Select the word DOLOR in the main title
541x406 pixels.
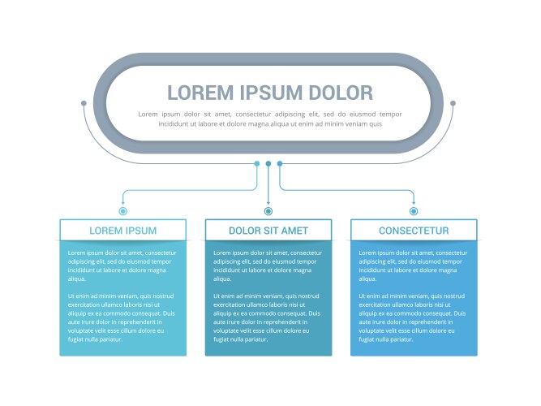point(341,93)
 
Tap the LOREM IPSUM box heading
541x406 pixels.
point(122,231)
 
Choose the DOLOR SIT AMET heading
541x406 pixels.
point(268,231)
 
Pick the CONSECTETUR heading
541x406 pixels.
point(414,231)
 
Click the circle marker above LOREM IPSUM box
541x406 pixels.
point(122,211)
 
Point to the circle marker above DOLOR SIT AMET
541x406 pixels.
point(268,211)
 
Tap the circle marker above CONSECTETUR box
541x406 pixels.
point(414,211)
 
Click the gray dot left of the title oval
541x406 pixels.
point(84,103)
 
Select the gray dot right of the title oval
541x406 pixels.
point(453,103)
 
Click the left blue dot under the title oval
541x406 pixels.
point(257,163)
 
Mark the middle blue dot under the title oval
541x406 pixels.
point(268,163)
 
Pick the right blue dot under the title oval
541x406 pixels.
point(280,163)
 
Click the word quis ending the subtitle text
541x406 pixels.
point(376,124)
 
